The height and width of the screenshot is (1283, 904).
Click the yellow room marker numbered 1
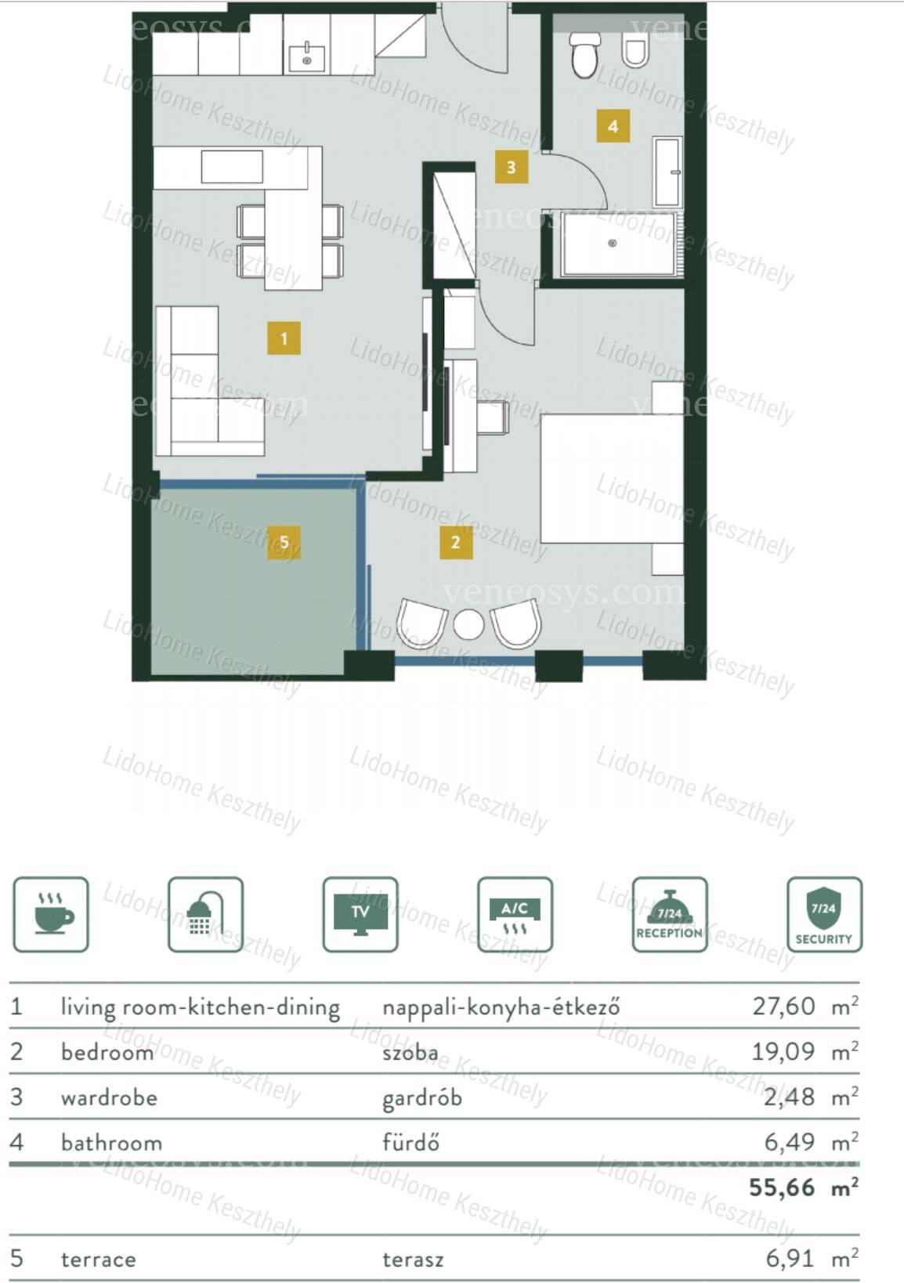[x=284, y=338]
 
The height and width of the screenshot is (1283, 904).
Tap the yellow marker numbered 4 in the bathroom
[x=613, y=125]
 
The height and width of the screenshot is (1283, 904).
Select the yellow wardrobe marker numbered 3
[x=511, y=167]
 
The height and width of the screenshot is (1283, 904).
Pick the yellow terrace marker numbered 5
[x=284, y=542]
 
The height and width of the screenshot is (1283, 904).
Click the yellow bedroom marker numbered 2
[x=456, y=542]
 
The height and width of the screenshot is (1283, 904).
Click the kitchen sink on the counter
[x=306, y=57]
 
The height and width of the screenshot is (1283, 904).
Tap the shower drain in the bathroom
[x=613, y=244]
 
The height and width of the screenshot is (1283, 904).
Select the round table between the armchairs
[x=468, y=623]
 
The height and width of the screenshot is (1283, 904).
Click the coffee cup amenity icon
[x=51, y=914]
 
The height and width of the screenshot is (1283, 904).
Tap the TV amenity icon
[x=360, y=914]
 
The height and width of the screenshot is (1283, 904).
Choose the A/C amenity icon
[x=515, y=914]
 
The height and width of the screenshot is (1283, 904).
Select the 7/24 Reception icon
[x=670, y=914]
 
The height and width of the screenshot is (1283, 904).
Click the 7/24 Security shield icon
[x=824, y=914]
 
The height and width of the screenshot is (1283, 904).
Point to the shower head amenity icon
[x=206, y=914]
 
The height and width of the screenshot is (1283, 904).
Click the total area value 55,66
[x=782, y=1188]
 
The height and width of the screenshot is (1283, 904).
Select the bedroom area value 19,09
[x=783, y=1051]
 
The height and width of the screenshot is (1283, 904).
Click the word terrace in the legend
[x=99, y=1259]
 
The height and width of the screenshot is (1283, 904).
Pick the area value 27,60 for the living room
[x=783, y=1006]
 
